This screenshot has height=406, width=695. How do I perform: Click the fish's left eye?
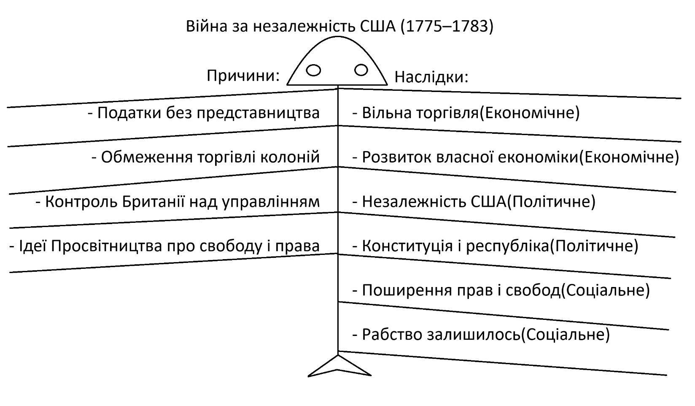click(x=313, y=70)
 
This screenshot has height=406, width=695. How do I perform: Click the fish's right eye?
click(x=361, y=70)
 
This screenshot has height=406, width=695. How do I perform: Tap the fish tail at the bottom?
click(x=339, y=366)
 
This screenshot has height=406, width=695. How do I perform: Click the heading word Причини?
click(x=243, y=76)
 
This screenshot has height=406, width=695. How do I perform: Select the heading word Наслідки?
click(x=431, y=77)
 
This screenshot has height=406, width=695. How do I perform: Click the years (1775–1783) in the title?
click(x=447, y=26)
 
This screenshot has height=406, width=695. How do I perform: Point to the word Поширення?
click(x=402, y=290)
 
